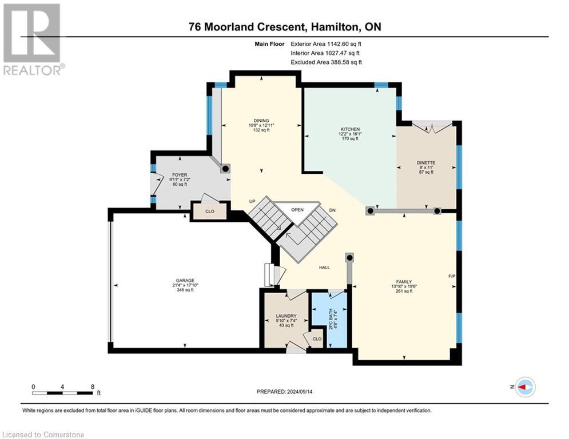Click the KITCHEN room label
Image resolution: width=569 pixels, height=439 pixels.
(350, 129)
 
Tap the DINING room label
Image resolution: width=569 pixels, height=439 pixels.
(261, 121)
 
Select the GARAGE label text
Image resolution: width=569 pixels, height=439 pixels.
(185, 281)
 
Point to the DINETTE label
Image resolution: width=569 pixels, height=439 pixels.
(426, 163)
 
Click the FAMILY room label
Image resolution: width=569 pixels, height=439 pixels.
(404, 282)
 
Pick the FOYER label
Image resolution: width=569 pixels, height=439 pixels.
(180, 175)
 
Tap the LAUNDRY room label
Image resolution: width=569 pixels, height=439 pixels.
(286, 316)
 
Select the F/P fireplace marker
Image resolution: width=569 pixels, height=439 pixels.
(452, 276)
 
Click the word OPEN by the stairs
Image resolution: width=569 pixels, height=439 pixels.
(297, 210)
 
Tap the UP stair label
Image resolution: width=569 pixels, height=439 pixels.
(252, 201)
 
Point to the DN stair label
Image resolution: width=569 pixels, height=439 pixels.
(332, 210)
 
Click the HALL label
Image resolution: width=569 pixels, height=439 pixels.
(324, 268)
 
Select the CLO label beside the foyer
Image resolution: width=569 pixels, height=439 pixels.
(210, 211)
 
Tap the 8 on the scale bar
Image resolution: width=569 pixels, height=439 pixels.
(93, 387)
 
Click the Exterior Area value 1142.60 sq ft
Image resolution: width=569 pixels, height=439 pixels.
(344, 44)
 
